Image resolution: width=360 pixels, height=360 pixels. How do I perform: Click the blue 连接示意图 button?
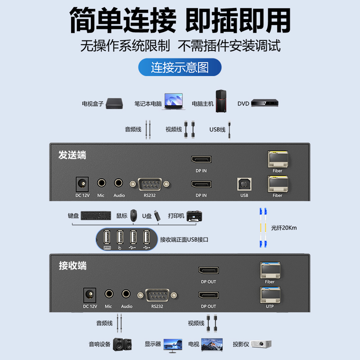[x=180, y=67]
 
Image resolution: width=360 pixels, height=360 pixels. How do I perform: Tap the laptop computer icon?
[x=174, y=101]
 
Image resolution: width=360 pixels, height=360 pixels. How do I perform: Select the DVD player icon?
[x=265, y=103]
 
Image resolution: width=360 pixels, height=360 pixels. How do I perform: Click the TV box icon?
[x=114, y=103]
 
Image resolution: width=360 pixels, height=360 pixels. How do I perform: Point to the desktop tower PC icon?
[x=221, y=101]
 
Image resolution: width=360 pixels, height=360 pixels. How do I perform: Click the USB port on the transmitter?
[x=244, y=184]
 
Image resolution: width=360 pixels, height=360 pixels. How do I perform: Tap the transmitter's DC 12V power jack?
[x=82, y=184]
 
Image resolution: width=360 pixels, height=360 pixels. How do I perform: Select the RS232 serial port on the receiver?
[x=157, y=295]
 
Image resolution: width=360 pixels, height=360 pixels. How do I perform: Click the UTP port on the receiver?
[x=270, y=295]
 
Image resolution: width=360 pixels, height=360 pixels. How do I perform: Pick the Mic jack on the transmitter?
[x=101, y=183]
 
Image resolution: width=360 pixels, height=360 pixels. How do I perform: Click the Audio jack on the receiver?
[x=126, y=294]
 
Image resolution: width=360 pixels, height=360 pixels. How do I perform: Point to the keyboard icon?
[x=96, y=216]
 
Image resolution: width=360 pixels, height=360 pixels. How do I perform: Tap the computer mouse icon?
[x=134, y=216]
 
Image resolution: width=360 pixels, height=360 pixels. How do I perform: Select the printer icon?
[x=194, y=216]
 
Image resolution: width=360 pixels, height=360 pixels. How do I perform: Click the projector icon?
[x=261, y=344]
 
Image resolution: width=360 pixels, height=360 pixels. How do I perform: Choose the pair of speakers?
[x=122, y=344]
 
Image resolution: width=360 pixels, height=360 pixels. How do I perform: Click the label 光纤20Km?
[x=284, y=228]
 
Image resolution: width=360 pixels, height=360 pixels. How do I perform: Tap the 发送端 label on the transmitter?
[x=72, y=155]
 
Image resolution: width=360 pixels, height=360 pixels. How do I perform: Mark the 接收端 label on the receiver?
[x=72, y=265]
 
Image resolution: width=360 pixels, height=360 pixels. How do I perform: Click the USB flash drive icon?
[x=157, y=216]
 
